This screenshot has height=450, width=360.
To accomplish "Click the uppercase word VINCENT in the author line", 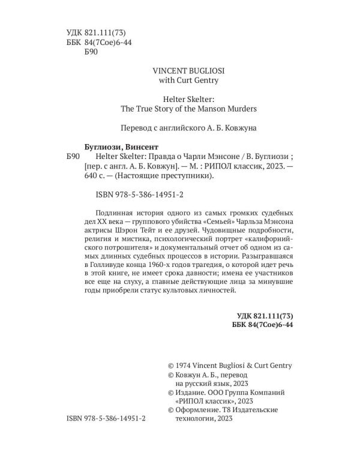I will tap(157, 69).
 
